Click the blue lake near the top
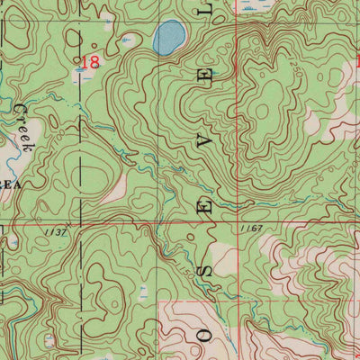pos(168,38)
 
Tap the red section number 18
pos(90,62)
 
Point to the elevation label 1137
pos(55,231)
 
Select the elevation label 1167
pos(251,229)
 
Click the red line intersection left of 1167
pos(236,219)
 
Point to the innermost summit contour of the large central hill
pos(262,110)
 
